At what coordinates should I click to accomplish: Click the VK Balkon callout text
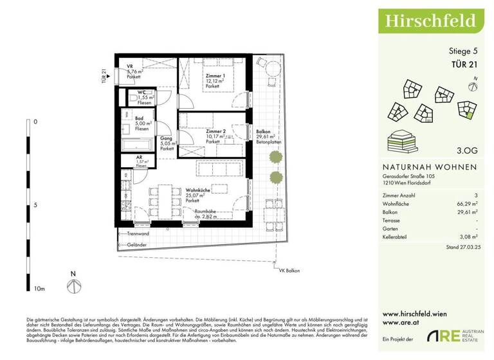pyautogui.click(x=289, y=271)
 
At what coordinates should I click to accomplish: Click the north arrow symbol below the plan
pyautogui.click(x=74, y=284)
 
